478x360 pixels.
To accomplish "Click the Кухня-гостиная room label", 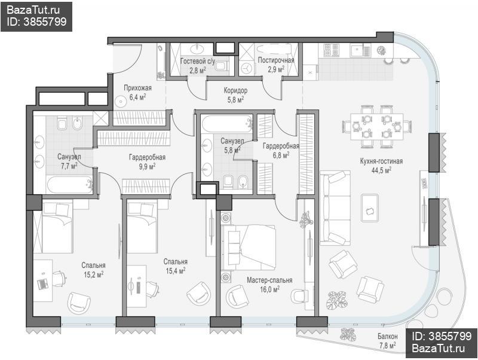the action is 381,161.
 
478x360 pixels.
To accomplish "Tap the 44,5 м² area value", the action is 381,170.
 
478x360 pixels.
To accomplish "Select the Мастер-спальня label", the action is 269,280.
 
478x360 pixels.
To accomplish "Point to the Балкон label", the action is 387,337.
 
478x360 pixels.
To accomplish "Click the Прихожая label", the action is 137,88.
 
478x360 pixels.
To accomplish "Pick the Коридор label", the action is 235,90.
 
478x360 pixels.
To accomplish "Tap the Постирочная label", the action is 276,60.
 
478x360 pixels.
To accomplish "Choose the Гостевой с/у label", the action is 198,62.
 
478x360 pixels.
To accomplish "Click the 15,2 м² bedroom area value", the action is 94,274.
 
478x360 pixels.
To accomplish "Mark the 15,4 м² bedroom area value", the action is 176,271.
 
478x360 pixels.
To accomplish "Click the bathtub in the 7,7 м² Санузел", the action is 69,184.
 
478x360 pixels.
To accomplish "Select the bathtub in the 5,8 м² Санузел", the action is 226,124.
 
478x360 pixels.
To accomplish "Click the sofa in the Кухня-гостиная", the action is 335,208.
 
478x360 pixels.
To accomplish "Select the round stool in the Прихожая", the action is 121,101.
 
